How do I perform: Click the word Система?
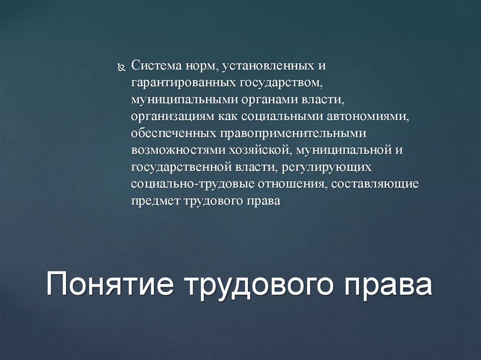click(153, 65)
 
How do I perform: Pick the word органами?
click(256, 100)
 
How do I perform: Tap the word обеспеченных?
click(172, 134)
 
